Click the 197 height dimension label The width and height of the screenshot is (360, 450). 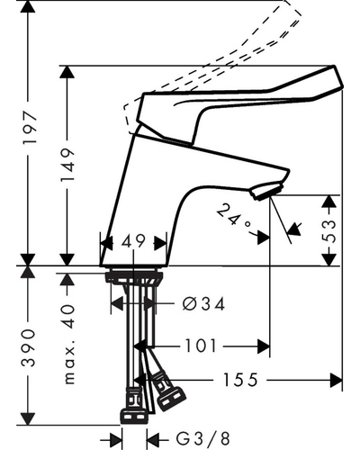[29, 128]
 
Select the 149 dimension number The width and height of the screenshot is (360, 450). [67, 165]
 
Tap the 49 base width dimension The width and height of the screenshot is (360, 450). [133, 241]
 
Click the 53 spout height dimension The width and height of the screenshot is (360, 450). [329, 231]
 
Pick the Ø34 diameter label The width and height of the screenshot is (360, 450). [203, 304]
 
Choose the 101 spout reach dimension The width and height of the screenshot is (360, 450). [201, 346]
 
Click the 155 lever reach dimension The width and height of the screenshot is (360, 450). [240, 380]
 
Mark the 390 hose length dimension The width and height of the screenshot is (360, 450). [29, 347]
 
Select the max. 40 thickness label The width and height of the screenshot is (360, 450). [69, 345]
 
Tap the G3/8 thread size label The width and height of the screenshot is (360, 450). [203, 438]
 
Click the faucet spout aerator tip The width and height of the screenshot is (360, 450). [267, 191]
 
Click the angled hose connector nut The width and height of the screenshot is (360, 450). [168, 392]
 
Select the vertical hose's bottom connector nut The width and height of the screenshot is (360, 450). [134, 417]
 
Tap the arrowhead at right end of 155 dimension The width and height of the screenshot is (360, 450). [336, 381]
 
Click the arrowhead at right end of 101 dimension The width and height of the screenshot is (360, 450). [264, 346]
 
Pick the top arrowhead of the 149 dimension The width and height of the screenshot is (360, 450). [67, 72]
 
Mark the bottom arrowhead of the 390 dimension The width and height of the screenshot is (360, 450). [28, 418]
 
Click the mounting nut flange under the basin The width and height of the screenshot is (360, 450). [134, 276]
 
